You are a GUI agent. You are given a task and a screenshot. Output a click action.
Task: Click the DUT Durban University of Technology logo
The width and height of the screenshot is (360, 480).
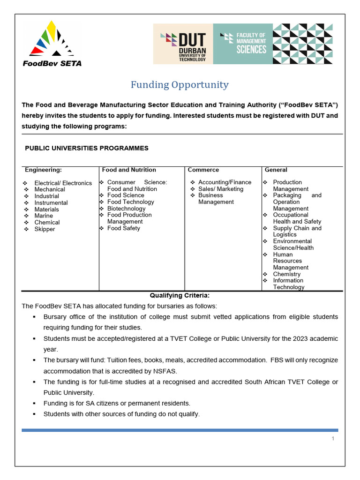tap(183, 44)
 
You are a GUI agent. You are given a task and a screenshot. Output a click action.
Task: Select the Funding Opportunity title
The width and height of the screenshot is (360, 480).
tap(180, 85)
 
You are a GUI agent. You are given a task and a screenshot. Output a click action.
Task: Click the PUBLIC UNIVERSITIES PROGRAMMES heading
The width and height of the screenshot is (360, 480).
tap(87, 148)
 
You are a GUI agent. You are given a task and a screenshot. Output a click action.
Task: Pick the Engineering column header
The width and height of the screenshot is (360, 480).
tap(43, 170)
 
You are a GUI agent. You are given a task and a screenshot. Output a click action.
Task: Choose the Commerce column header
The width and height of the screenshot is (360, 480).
tap(203, 170)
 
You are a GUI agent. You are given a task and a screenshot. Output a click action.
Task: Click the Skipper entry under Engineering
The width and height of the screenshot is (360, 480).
tap(45, 229)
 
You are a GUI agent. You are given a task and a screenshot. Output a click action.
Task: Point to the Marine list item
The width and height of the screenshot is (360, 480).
tap(44, 216)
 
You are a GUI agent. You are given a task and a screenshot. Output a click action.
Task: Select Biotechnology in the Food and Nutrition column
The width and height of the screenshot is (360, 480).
tap(126, 209)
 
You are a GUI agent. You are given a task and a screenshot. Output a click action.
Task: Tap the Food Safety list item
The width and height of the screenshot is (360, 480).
tap(123, 228)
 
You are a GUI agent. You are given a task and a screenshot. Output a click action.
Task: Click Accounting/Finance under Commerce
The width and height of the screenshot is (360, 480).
tap(225, 182)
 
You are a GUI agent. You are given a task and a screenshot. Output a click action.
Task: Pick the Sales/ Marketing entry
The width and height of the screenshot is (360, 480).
tap(221, 189)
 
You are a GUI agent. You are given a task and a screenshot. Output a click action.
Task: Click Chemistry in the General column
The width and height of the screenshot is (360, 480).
tap(286, 274)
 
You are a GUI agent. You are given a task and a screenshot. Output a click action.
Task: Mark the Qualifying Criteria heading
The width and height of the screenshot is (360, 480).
tap(180, 295)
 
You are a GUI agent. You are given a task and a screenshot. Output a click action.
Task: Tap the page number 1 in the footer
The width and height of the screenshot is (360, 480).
tap(333, 439)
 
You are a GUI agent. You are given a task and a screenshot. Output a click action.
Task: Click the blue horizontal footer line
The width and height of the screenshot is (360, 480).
tap(180, 430)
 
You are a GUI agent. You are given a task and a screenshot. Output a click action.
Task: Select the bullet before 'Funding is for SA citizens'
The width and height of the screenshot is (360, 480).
tap(34, 403)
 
